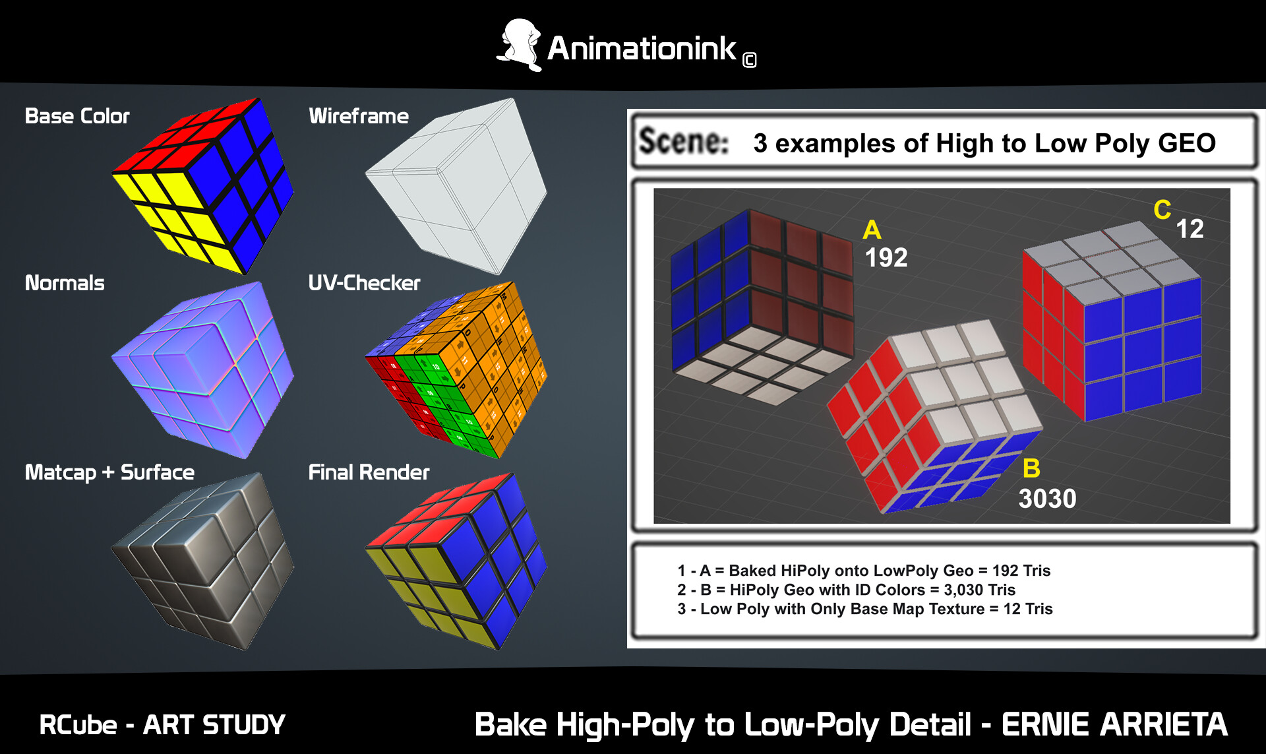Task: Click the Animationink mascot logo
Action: (520, 45)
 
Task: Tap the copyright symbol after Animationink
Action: (749, 61)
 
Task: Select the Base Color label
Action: (77, 116)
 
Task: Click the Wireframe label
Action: (359, 116)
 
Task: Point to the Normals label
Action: (65, 283)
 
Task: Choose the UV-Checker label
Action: (364, 283)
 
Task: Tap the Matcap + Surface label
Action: (109, 472)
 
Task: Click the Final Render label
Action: (369, 472)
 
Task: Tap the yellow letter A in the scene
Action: (872, 230)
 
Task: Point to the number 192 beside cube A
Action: (886, 257)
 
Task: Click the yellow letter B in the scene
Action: (1031, 468)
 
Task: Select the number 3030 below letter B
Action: (1047, 499)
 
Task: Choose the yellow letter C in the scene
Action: (1162, 210)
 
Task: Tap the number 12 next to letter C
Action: (1190, 229)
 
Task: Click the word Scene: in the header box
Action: (684, 141)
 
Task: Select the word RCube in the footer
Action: (78, 725)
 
